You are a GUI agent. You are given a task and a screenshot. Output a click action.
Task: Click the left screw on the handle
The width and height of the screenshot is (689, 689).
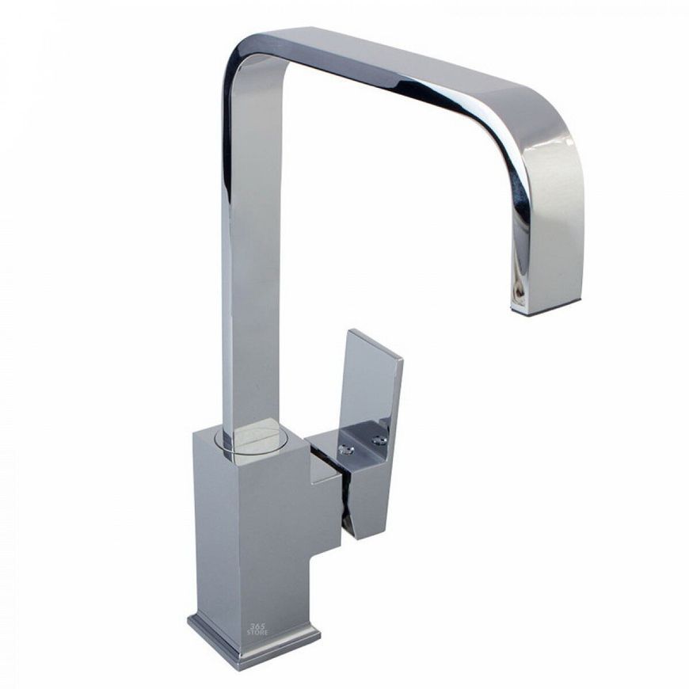(348, 448)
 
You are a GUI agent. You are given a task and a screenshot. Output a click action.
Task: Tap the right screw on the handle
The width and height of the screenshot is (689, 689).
(377, 440)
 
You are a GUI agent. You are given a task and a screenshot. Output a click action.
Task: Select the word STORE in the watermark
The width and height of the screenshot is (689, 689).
(257, 632)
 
